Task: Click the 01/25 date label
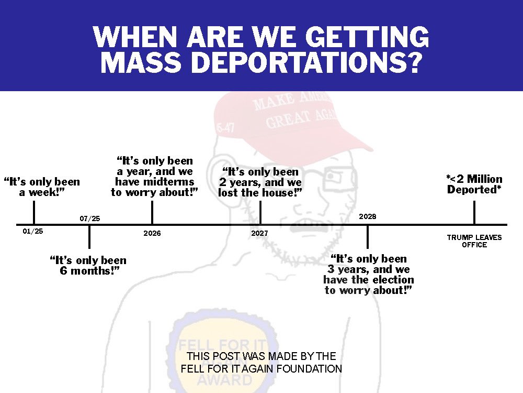(32, 231)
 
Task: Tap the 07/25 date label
(90, 219)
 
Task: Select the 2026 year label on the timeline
(152, 233)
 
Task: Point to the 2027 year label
(259, 233)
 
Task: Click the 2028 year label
(368, 216)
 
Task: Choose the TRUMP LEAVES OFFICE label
(474, 241)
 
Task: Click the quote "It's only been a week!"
(42, 187)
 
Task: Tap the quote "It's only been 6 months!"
(88, 265)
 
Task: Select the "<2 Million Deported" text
(474, 184)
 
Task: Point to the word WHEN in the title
(135, 37)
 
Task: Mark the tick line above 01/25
(34, 213)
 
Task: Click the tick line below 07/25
(89, 237)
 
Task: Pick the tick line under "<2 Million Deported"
(474, 213)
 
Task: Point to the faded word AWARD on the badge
(224, 380)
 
